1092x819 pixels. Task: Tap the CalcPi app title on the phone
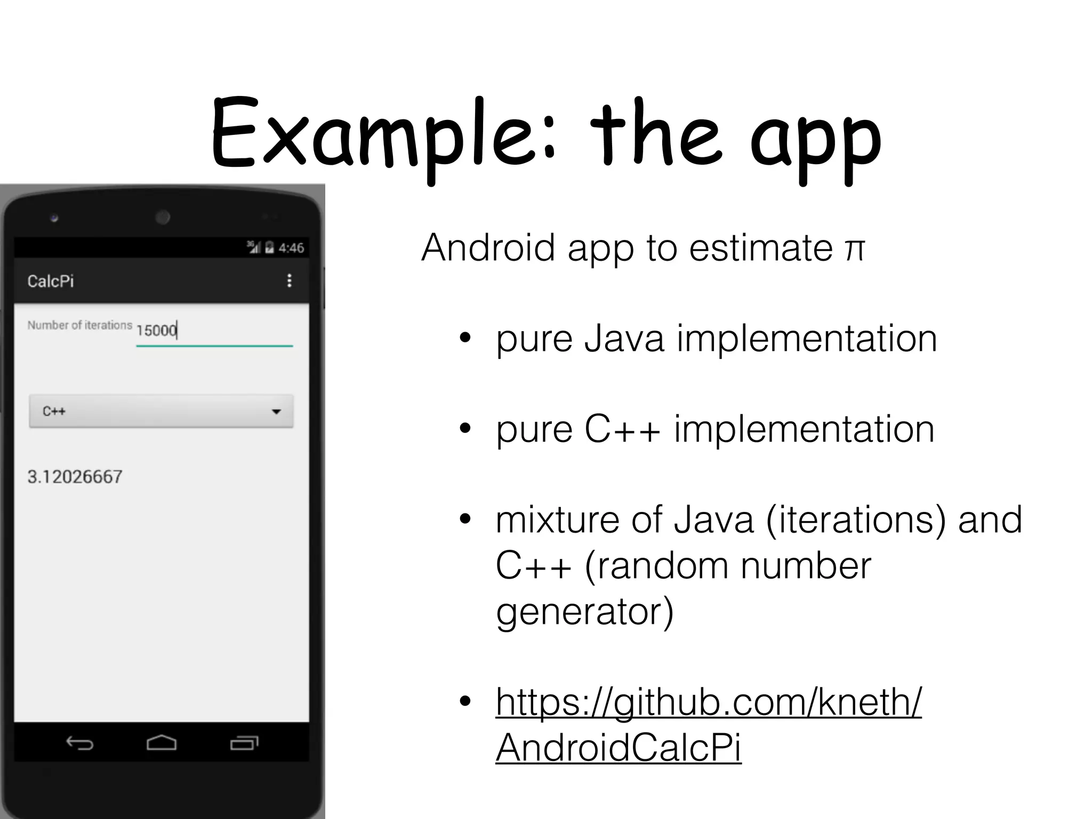pos(51,281)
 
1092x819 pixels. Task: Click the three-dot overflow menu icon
pos(289,280)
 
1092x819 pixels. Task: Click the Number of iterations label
pos(79,325)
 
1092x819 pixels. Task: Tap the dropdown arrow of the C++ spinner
pos(276,411)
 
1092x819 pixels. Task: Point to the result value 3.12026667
pos(75,477)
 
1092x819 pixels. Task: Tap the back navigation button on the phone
pos(79,743)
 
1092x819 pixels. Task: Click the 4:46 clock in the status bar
pos(291,248)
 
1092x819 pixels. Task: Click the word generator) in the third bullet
pos(585,612)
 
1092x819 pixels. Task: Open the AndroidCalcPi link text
pos(619,748)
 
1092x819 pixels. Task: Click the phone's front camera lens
pos(163,217)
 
